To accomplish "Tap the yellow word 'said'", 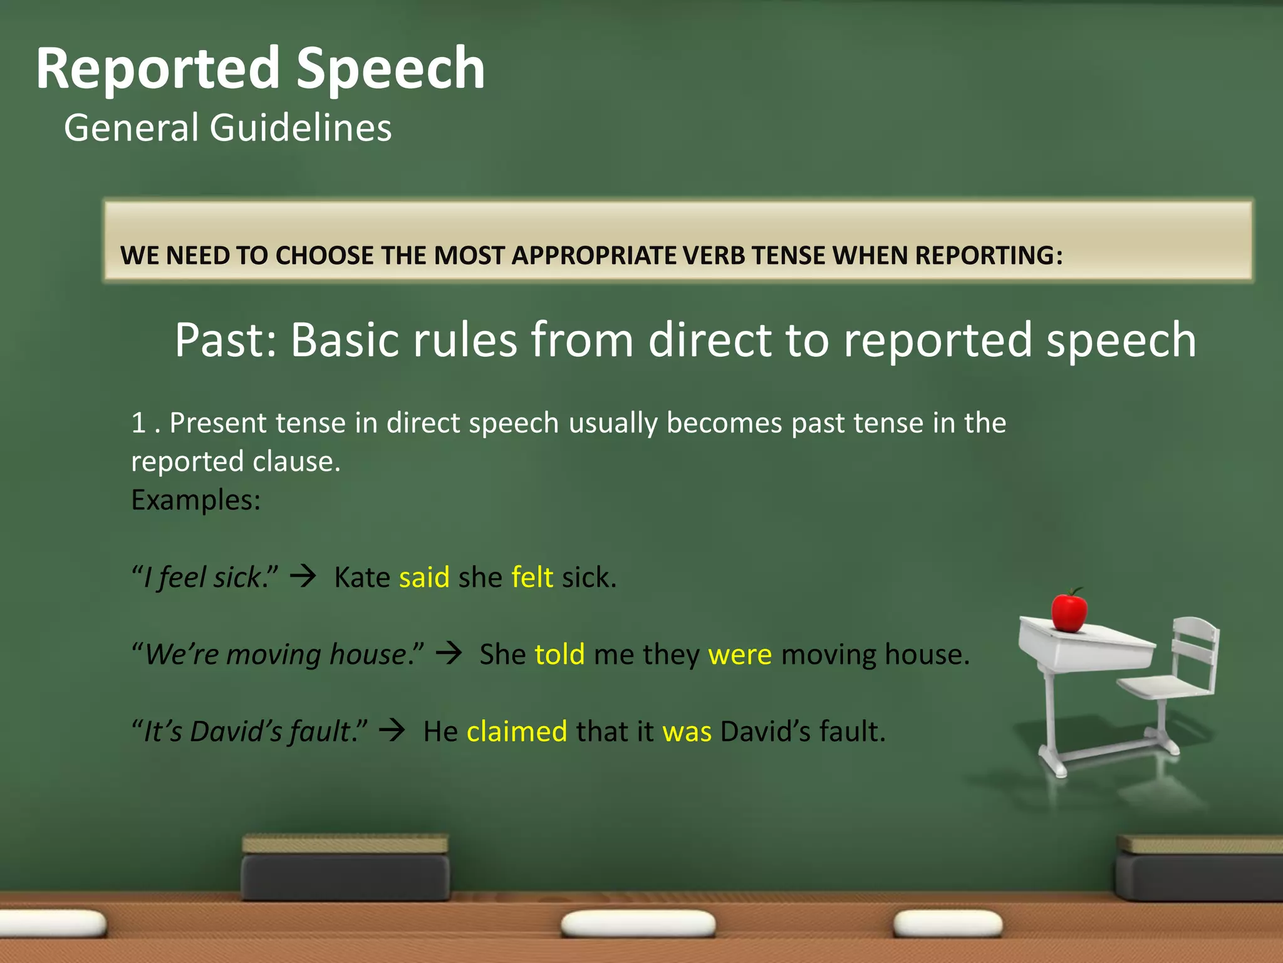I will coord(424,577).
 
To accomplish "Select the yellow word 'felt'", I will coord(532,577).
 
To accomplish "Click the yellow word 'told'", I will coord(559,655).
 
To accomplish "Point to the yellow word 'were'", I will coord(740,655).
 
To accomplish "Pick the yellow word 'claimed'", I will coord(517,732).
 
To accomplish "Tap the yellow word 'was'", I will coord(687,732).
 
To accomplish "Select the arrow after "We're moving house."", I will coord(449,653).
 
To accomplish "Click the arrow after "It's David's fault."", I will coord(393,730).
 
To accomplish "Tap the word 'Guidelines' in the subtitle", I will coord(301,128).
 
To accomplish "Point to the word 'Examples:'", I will coord(195,500).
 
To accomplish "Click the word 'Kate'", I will coord(362,577).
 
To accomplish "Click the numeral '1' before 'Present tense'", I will coord(138,423).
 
